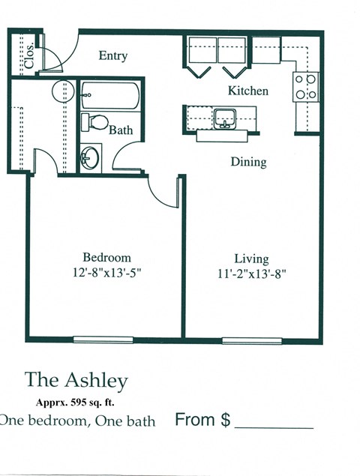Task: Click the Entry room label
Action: coord(113,55)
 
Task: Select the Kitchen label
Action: coord(248,91)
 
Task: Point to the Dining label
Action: coord(248,161)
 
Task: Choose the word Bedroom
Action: coord(106,256)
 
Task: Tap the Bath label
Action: coord(121,130)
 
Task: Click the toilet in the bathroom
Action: coord(95,121)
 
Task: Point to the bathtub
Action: coord(110,95)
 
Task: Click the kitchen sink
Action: coord(225,118)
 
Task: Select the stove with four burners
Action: coord(306,86)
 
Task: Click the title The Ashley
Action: coord(76,380)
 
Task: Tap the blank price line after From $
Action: coord(274,426)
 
